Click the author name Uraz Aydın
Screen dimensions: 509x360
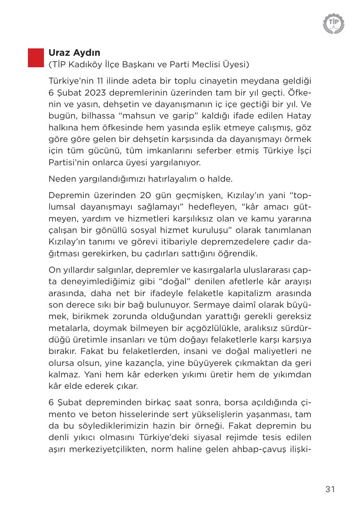[x=74, y=53]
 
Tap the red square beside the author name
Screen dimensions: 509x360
[x=36, y=58]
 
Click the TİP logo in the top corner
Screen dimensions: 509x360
[x=333, y=23]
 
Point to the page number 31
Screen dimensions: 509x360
[x=330, y=489]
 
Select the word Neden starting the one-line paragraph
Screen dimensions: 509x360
[x=61, y=179]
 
